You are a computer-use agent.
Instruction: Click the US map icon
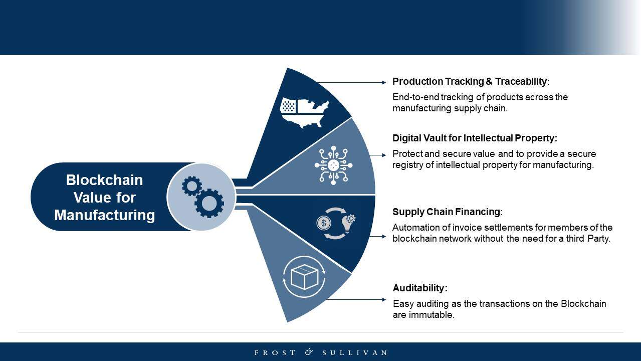(304, 113)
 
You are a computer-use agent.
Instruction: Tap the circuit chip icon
(333, 165)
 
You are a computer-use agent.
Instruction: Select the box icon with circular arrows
(304, 277)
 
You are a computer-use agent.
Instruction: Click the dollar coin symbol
(324, 223)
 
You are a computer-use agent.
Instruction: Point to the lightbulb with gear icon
(348, 223)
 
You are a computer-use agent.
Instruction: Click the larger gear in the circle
(209, 203)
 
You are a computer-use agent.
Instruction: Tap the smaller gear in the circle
(191, 186)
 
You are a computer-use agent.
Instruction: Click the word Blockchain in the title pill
(104, 180)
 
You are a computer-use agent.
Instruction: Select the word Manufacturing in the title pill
(104, 215)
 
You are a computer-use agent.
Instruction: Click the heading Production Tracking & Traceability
(470, 82)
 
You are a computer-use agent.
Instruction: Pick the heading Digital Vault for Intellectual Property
(475, 138)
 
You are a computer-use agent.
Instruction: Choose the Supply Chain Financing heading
(446, 212)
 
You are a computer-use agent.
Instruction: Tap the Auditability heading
(420, 288)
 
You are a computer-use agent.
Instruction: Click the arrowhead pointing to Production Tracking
(384, 82)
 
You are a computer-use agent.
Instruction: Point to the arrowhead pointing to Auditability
(384, 299)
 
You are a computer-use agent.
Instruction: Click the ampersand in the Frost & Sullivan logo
(309, 352)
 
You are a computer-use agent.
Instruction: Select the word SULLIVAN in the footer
(355, 352)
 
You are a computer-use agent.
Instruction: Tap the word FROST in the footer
(275, 352)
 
